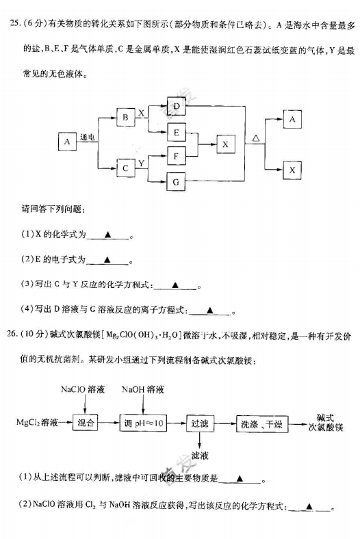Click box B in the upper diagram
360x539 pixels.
tap(125, 117)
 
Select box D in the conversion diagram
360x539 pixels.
tap(177, 106)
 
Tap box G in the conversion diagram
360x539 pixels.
tap(176, 181)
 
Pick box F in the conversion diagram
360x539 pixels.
tap(177, 156)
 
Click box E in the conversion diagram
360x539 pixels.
tap(177, 132)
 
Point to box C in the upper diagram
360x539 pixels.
tap(125, 168)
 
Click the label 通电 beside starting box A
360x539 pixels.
tap(88, 137)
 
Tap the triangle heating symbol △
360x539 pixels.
tap(256, 138)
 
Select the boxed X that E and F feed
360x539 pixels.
tap(226, 144)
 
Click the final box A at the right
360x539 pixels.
tap(292, 119)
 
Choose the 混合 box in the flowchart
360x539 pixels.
tap(85, 423)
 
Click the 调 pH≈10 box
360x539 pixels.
tap(143, 423)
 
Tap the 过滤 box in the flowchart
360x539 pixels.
tap(200, 423)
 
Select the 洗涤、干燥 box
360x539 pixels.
tap(262, 424)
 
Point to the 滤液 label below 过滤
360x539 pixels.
tap(200, 456)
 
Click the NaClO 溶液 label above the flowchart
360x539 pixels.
tap(83, 389)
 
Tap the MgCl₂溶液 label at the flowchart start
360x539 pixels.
tap(37, 422)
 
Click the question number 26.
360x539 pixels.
tap(12, 334)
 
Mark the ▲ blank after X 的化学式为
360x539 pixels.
tap(107, 235)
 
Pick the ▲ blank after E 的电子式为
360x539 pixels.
tap(107, 259)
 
